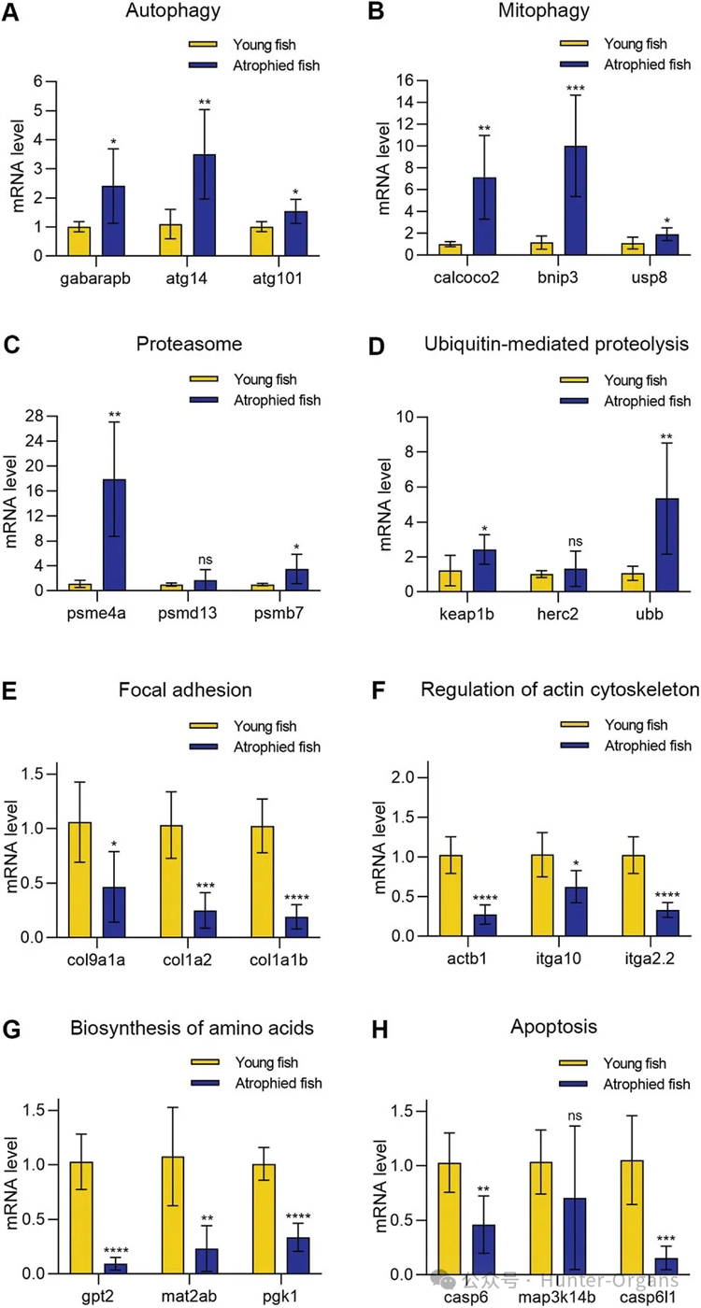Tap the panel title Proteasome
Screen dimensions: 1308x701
(x=190, y=344)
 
